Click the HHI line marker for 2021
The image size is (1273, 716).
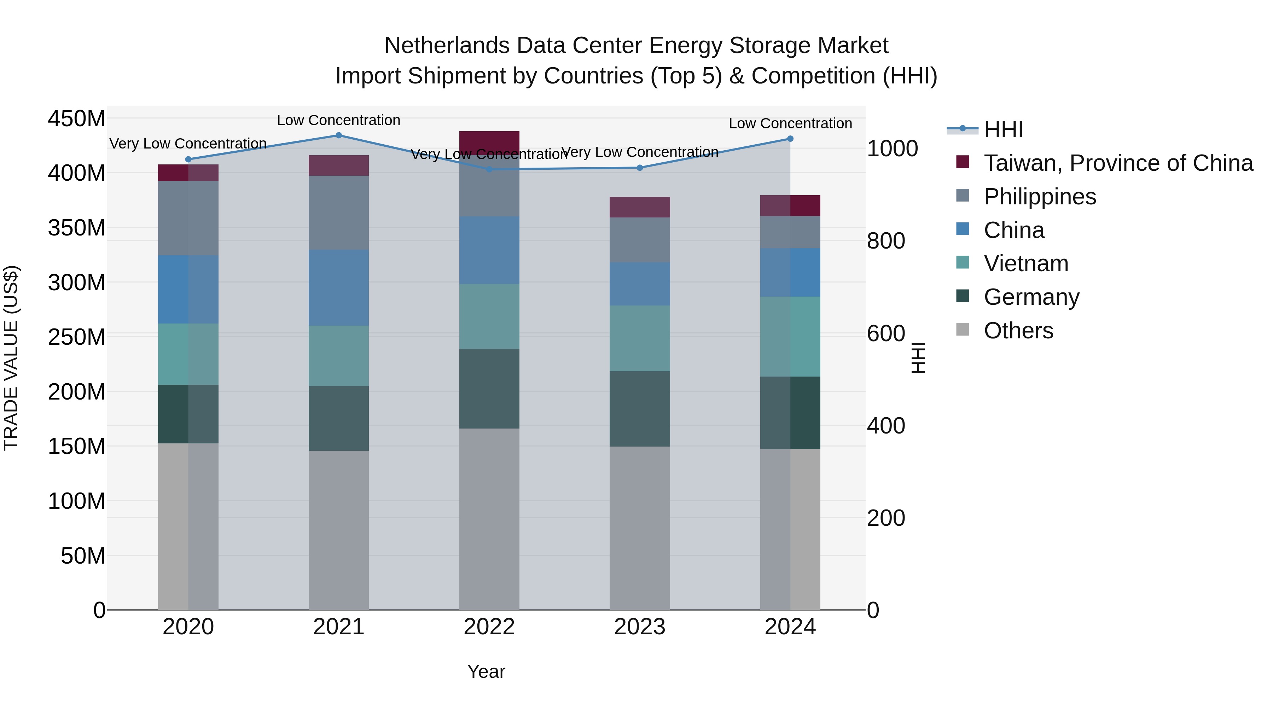coord(338,135)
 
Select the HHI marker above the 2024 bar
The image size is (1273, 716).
coord(790,139)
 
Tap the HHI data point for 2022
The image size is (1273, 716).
coord(489,169)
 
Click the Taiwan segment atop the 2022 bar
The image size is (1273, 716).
coord(489,142)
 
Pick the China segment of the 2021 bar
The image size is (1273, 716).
coord(338,287)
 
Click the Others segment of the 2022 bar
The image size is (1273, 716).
coord(489,519)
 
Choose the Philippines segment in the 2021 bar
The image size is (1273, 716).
coord(338,213)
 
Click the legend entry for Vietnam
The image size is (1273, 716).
coord(1025,263)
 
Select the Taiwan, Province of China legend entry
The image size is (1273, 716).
coord(1118,163)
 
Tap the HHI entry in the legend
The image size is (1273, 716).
coord(1003,129)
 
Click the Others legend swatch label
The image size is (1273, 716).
coord(1018,331)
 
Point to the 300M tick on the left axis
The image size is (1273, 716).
coord(77,283)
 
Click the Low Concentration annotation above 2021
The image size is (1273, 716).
coord(338,120)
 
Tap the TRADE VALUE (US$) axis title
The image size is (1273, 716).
coord(11,358)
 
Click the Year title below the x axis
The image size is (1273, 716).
coord(486,671)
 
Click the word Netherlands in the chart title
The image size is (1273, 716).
coord(447,46)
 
